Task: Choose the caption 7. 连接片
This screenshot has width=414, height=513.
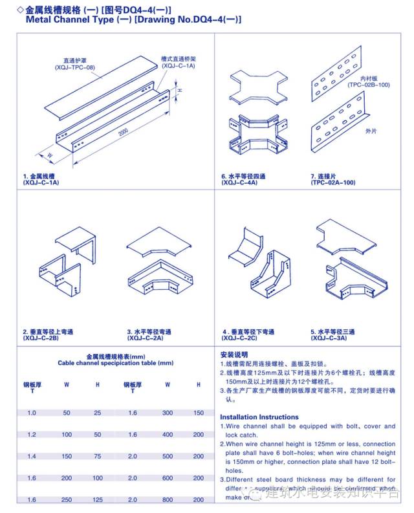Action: click(327, 177)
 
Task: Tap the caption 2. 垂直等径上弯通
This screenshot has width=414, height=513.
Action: click(49, 331)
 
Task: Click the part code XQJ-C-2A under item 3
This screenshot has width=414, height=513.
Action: click(146, 338)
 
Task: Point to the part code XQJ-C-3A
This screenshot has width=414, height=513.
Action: click(329, 338)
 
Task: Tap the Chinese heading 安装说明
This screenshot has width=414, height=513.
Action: click(234, 355)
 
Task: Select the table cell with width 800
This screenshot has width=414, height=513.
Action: click(168, 500)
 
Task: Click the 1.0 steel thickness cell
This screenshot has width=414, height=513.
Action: click(32, 413)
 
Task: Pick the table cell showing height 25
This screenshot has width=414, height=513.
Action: click(98, 413)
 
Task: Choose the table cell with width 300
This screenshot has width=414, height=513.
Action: click(168, 413)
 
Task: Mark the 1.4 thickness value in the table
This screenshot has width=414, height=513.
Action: click(32, 456)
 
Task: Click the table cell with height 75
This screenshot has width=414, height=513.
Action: click(98, 456)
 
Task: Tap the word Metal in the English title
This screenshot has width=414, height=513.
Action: click(39, 20)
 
